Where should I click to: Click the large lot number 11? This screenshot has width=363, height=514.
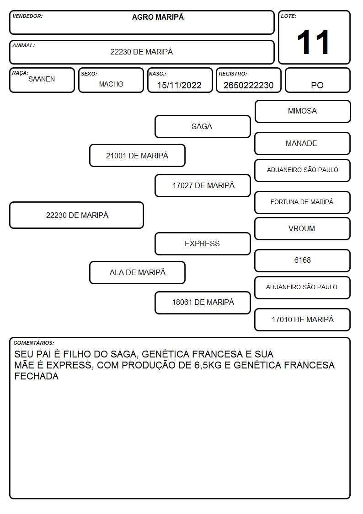click(x=313, y=42)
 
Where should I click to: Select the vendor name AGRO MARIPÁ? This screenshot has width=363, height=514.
click(x=158, y=17)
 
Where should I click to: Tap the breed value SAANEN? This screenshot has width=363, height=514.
click(x=42, y=79)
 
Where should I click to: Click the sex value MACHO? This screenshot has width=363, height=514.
click(x=111, y=84)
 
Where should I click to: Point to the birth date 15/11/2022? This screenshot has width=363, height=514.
click(x=179, y=85)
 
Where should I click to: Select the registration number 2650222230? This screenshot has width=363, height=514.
click(x=248, y=85)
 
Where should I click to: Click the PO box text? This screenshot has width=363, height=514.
click(x=317, y=85)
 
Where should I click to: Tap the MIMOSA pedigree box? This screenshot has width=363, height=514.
click(x=303, y=112)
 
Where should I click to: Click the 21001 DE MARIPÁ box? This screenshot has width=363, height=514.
click(x=138, y=155)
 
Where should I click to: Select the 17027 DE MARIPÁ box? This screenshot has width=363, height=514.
click(x=203, y=185)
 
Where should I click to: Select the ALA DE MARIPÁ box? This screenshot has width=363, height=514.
click(x=138, y=272)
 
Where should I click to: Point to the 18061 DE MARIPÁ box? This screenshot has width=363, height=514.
click(x=203, y=303)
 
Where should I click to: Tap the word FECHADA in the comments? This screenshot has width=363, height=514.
click(x=36, y=376)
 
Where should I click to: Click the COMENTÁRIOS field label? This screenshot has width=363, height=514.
click(x=34, y=343)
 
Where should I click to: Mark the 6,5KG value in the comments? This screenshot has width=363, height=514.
click(x=208, y=365)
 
